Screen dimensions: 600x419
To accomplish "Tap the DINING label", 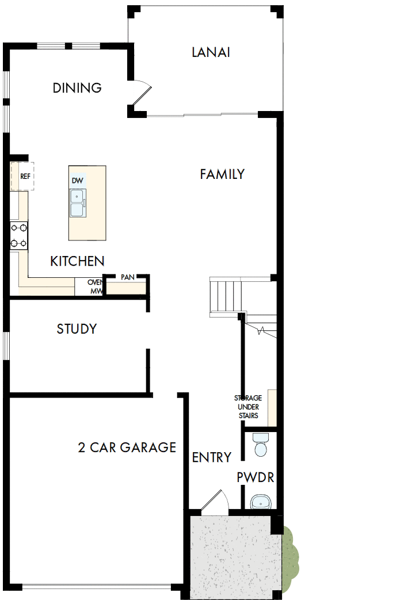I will click(x=77, y=88).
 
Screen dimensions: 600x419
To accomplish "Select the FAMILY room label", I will click(x=222, y=174).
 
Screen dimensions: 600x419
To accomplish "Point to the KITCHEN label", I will click(x=77, y=262).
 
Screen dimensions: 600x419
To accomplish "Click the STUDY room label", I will click(x=77, y=329).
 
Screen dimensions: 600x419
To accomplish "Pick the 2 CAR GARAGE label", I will click(x=127, y=447).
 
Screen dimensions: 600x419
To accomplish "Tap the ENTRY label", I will click(x=212, y=457).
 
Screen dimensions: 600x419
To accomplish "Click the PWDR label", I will click(x=255, y=477).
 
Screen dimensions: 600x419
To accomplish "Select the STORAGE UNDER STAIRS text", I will click(x=247, y=407).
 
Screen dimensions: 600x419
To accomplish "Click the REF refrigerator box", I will click(x=23, y=177).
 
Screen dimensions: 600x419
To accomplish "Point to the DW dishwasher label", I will click(x=77, y=181).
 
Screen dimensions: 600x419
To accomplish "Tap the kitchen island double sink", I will click(x=77, y=203).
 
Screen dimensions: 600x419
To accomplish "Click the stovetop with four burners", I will click(x=18, y=235).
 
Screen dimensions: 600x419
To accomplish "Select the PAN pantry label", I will click(x=127, y=277).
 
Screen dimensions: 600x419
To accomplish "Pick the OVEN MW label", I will click(x=96, y=287).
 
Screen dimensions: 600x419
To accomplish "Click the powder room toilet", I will click(x=261, y=445).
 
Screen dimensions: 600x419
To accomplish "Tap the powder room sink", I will click(x=261, y=502).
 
